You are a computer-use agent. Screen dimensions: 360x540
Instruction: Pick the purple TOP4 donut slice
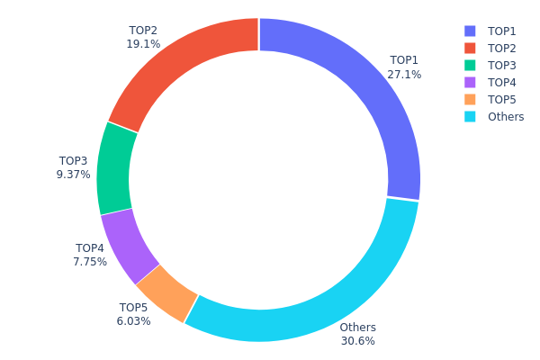129,244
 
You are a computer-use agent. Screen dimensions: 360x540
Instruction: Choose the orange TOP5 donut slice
166,292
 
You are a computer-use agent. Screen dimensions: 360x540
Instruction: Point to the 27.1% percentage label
404,75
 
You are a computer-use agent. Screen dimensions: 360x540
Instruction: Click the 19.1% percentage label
144,43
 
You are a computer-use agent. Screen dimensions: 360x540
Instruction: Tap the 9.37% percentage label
73,175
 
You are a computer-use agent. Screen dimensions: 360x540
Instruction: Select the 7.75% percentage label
90,262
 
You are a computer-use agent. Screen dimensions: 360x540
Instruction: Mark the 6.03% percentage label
134,321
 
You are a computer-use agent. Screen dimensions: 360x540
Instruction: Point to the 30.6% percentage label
357,341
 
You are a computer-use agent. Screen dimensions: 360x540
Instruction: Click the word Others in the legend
505,117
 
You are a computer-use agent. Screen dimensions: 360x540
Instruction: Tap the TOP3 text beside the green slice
73,161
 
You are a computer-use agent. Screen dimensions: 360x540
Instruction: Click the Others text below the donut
357,328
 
